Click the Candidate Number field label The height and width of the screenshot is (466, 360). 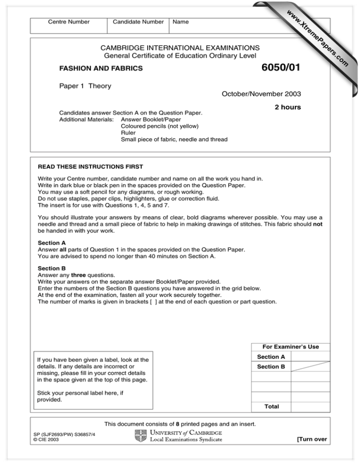(138, 22)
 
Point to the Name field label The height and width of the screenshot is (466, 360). (181, 22)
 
